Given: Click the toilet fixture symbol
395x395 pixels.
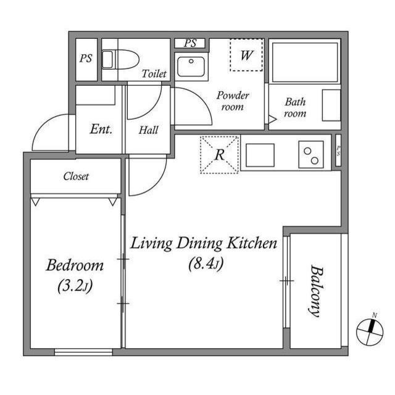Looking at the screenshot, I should coord(109,60).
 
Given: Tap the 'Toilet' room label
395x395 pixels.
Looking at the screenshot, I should coord(154,73).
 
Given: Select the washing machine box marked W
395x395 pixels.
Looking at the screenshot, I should coord(247,56).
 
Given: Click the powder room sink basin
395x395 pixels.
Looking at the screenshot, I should coord(187,65).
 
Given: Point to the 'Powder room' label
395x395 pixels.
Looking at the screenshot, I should coord(232,101).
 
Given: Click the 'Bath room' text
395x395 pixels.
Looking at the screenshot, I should coord(295,107).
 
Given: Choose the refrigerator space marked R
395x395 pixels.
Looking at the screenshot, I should coord(219,154).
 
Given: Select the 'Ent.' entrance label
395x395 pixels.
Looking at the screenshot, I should coord(101,130).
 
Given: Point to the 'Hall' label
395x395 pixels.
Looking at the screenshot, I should coord(148,130).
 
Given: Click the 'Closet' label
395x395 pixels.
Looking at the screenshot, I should coord(76,177).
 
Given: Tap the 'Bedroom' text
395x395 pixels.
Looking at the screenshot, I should coord(75,266).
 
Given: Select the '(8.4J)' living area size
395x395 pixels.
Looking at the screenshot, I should coord(206,264).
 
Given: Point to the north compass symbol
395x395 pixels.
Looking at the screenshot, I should coord(370,332).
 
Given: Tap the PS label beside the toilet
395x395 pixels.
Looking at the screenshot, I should coord(85,59).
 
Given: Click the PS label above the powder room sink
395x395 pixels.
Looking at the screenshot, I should coord(191,43).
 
